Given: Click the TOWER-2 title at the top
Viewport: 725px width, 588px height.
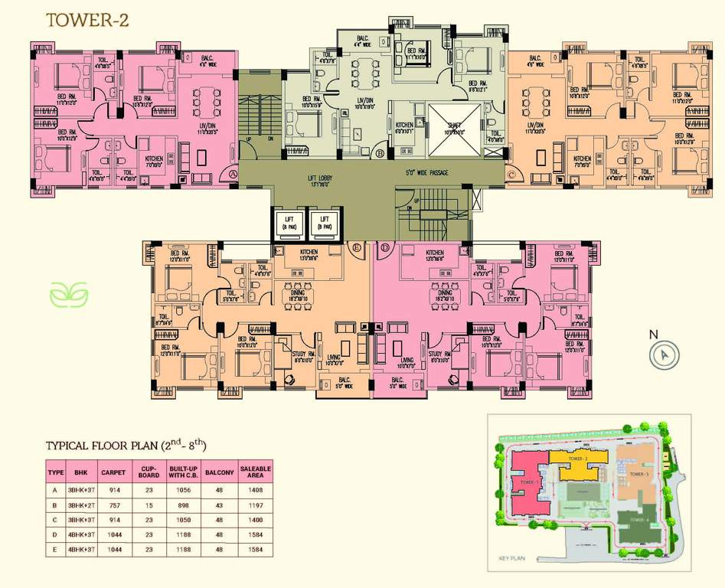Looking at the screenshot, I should pos(87,21).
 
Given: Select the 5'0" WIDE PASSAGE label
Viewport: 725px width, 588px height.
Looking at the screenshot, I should pos(426,173).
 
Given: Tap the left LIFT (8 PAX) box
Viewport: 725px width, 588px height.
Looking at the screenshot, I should pos(287,222).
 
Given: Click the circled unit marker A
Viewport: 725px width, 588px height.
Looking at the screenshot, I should pos(233,175).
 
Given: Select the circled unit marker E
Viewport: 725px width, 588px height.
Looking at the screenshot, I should pos(357,247).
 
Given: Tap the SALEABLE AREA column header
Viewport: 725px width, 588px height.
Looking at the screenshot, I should pos(256,472).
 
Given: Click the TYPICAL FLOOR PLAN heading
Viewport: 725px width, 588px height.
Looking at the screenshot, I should pos(126,445).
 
